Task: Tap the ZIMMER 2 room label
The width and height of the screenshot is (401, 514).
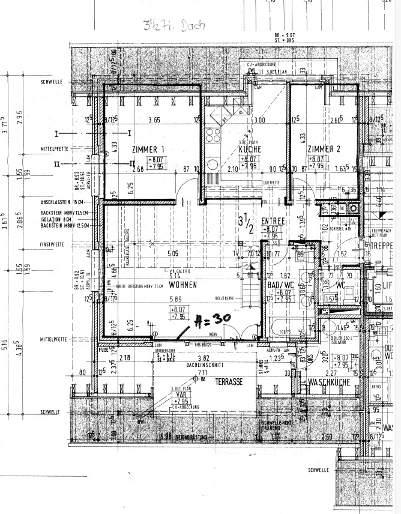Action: point(325,148)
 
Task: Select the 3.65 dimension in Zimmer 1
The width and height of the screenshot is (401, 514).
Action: point(154,120)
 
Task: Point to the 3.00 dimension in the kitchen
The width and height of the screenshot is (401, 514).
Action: point(259,120)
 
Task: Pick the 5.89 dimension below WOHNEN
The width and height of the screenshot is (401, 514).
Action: point(175,298)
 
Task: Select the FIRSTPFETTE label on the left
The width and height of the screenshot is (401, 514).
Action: point(53,245)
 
